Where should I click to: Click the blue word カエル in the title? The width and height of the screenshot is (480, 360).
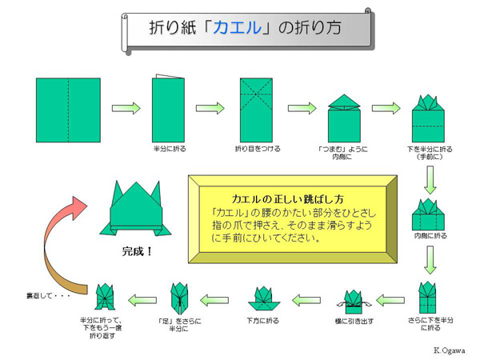(x=238, y=29)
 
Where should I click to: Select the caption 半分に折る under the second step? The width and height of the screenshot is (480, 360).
(x=169, y=150)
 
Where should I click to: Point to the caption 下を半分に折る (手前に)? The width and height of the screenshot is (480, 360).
(x=429, y=153)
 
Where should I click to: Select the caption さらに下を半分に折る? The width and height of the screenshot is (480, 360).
(x=430, y=325)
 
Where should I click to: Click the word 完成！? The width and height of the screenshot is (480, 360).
(x=137, y=250)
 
